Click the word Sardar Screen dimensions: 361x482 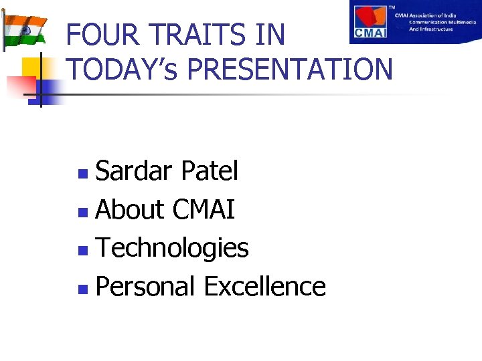[134, 172]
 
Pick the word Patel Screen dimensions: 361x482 [209, 172]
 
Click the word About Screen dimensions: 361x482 [130, 210]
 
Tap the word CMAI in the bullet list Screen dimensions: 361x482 [204, 210]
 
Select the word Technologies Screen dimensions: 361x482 [172, 249]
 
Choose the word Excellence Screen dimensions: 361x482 [264, 287]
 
